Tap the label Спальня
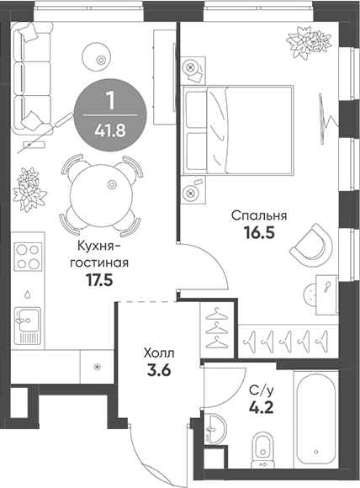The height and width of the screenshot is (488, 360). click(x=257, y=215)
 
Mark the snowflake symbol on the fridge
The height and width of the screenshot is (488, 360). click(x=97, y=366)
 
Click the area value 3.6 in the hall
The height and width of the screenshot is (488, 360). click(x=159, y=372)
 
